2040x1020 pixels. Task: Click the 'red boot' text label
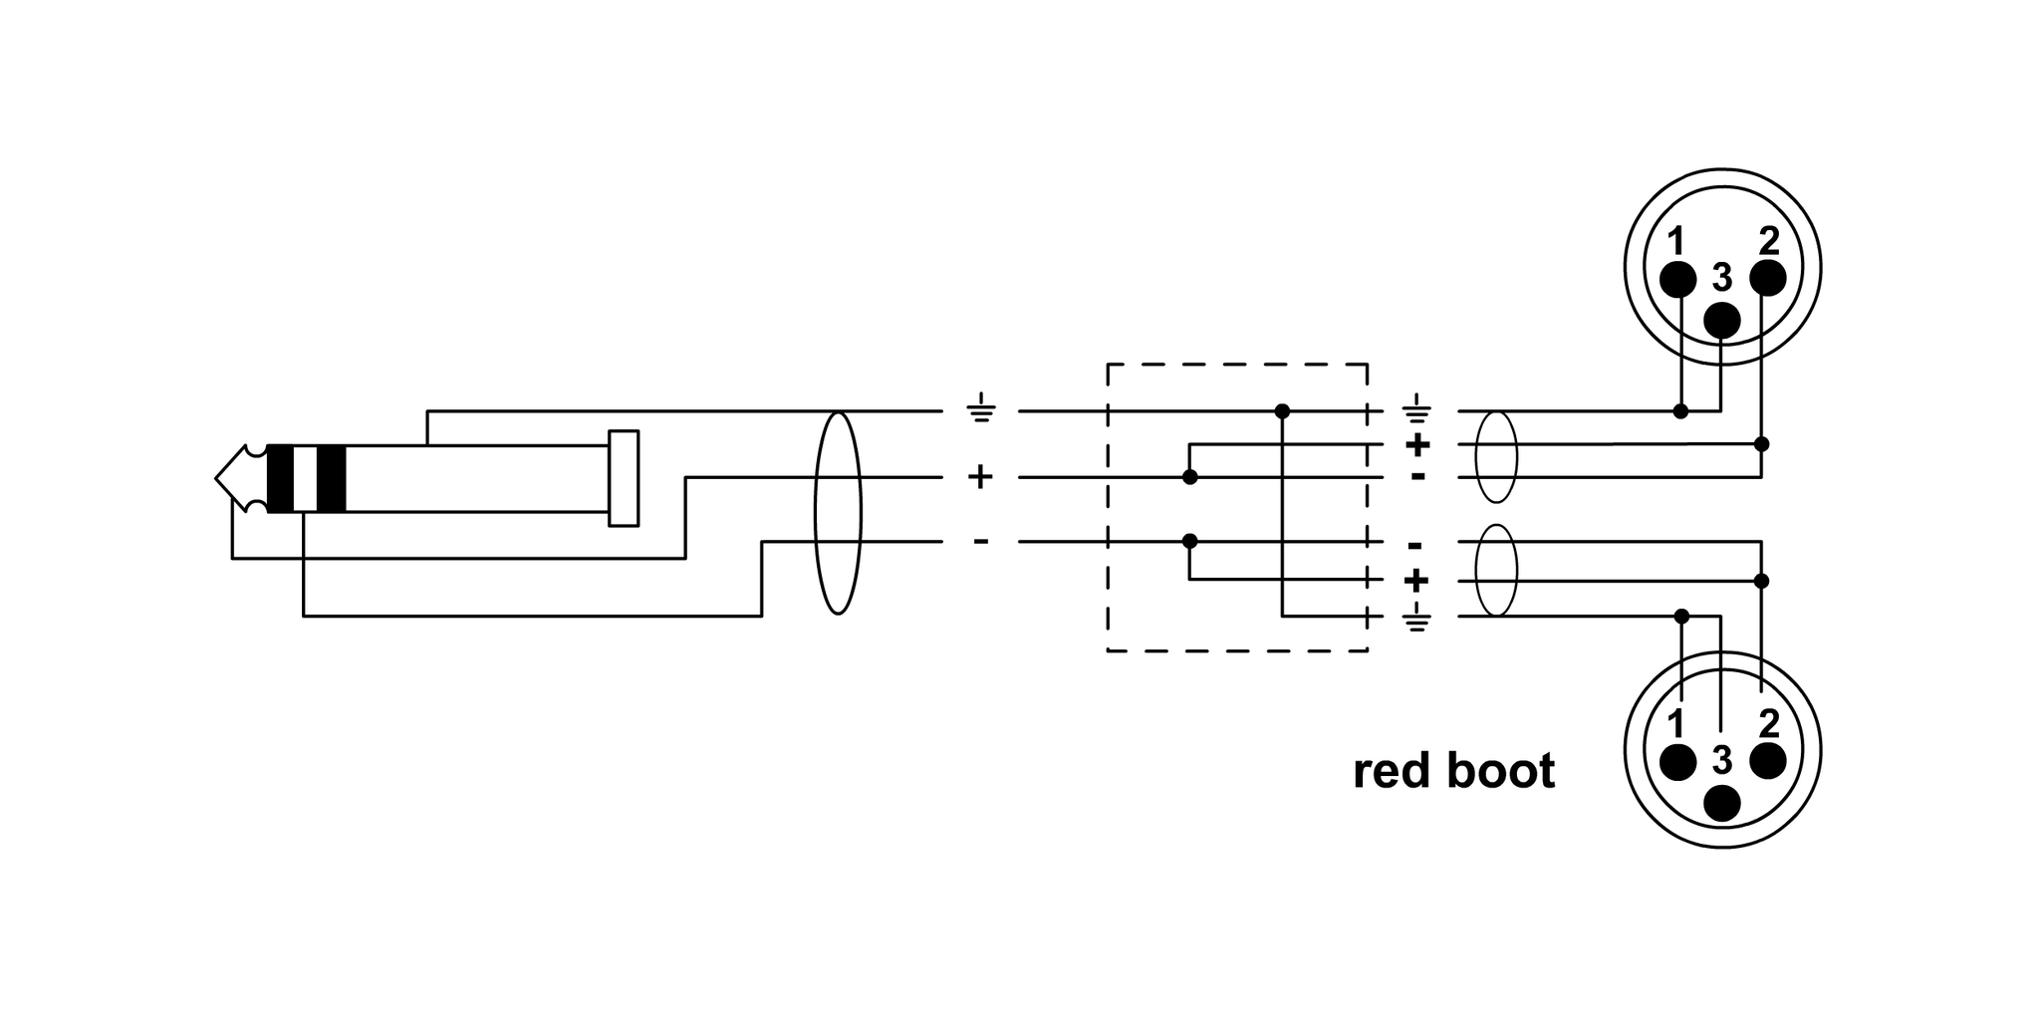point(1453,771)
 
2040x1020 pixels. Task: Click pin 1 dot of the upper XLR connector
point(1677,280)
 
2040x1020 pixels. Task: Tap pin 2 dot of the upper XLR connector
point(1767,278)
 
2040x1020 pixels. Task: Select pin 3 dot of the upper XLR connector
point(1722,321)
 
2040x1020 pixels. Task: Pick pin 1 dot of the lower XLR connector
point(1677,762)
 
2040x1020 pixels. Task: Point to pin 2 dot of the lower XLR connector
point(1767,761)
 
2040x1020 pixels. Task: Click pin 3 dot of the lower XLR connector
point(1722,803)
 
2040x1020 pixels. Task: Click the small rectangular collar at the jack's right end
point(624,478)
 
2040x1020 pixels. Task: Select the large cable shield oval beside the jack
point(838,513)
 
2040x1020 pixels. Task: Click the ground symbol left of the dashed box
point(981,410)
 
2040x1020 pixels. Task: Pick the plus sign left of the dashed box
point(981,477)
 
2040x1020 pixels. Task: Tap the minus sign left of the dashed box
point(981,542)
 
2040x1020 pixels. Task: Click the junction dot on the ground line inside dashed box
point(1282,410)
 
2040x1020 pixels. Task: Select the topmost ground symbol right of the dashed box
point(1415,409)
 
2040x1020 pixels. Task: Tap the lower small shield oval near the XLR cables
point(1495,571)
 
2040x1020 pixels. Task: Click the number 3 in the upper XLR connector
point(1722,278)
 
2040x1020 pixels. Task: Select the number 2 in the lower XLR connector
point(1769,722)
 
